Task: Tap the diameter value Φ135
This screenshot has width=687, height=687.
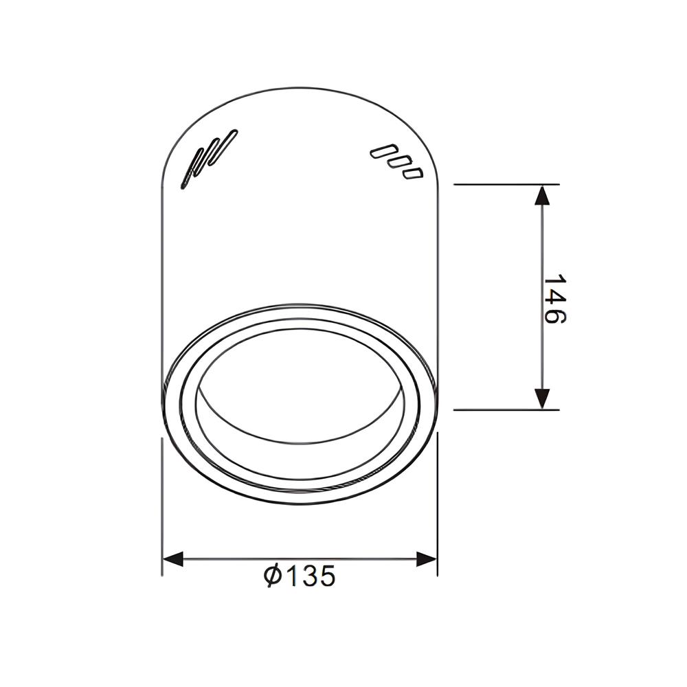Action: (x=300, y=576)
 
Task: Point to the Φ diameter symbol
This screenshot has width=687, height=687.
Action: (x=273, y=576)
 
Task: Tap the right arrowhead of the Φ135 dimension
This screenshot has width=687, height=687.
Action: (x=427, y=559)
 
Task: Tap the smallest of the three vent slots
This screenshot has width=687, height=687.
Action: (x=412, y=173)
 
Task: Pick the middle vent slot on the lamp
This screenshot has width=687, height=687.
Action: (x=396, y=163)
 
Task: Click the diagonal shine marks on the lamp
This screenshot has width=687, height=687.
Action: (x=208, y=159)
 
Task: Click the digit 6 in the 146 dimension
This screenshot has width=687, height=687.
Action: (x=554, y=316)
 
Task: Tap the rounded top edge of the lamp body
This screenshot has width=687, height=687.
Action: (x=300, y=89)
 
